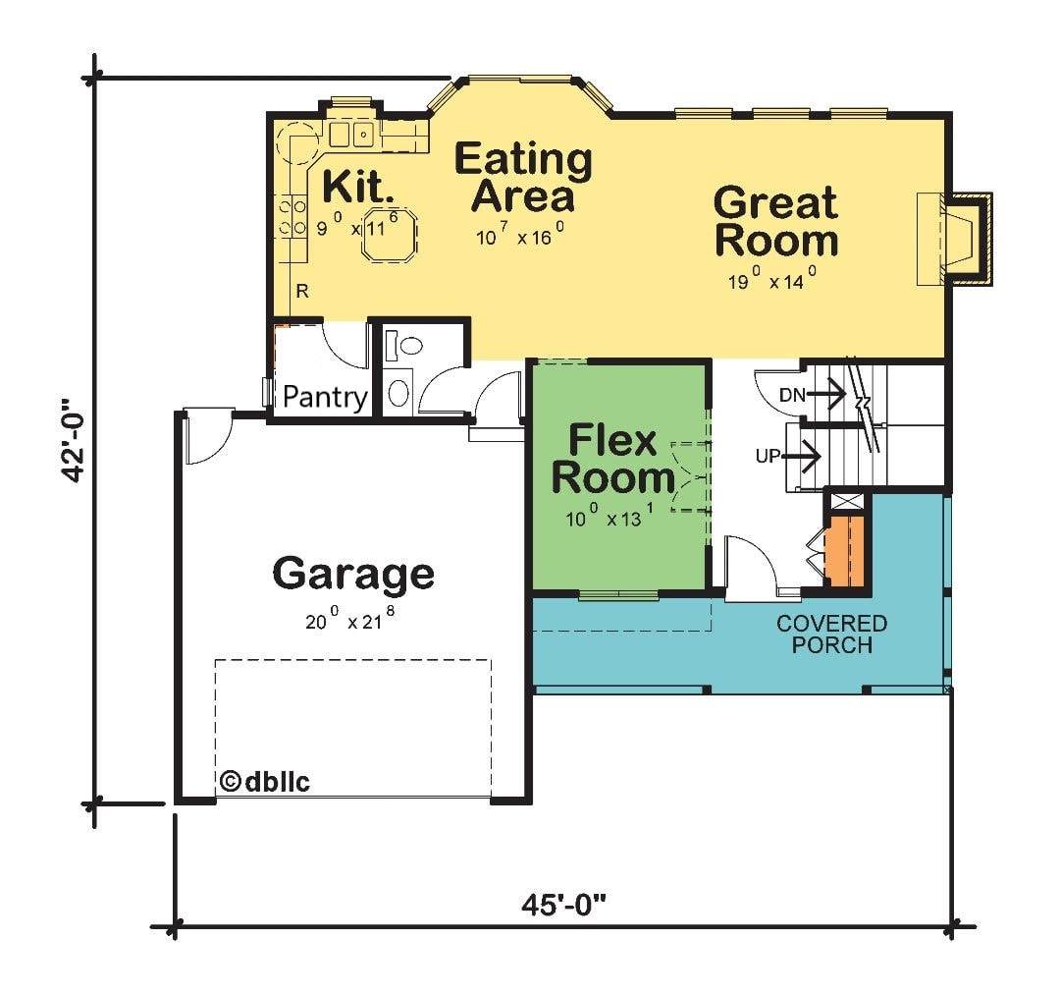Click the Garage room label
(353, 575)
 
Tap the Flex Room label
(612, 459)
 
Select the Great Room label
(776, 222)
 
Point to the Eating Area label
(523, 177)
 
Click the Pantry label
(325, 397)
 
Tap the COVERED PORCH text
(831, 634)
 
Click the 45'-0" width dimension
(563, 903)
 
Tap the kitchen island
(389, 234)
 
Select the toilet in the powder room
(403, 347)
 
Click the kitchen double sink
(351, 135)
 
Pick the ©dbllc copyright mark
(265, 782)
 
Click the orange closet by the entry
(844, 551)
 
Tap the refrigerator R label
(302, 292)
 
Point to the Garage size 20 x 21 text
(349, 618)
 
